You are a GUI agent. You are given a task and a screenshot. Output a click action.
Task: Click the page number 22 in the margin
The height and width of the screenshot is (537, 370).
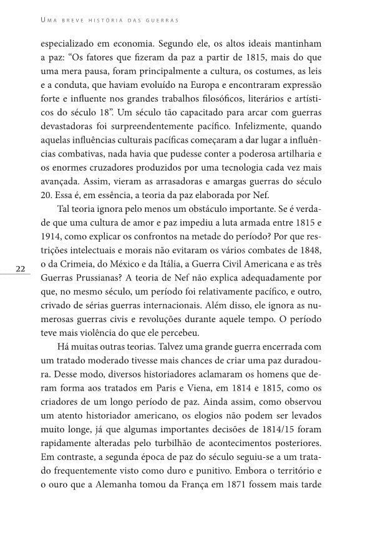tap(20, 287)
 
